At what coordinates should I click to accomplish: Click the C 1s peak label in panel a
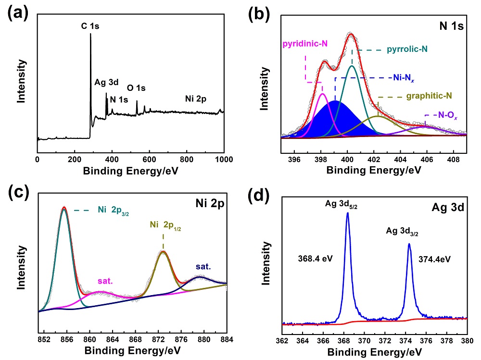(x=90, y=26)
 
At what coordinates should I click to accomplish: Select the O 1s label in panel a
(x=136, y=88)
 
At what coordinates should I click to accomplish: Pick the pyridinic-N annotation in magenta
(x=304, y=44)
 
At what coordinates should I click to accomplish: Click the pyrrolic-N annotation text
(x=404, y=49)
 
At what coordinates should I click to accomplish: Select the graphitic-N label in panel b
(x=429, y=96)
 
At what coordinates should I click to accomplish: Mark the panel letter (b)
(x=259, y=14)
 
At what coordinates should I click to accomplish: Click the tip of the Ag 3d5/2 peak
(x=347, y=213)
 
